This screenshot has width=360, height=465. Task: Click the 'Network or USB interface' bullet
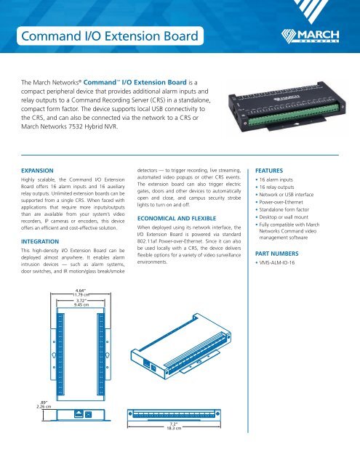(308, 185)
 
